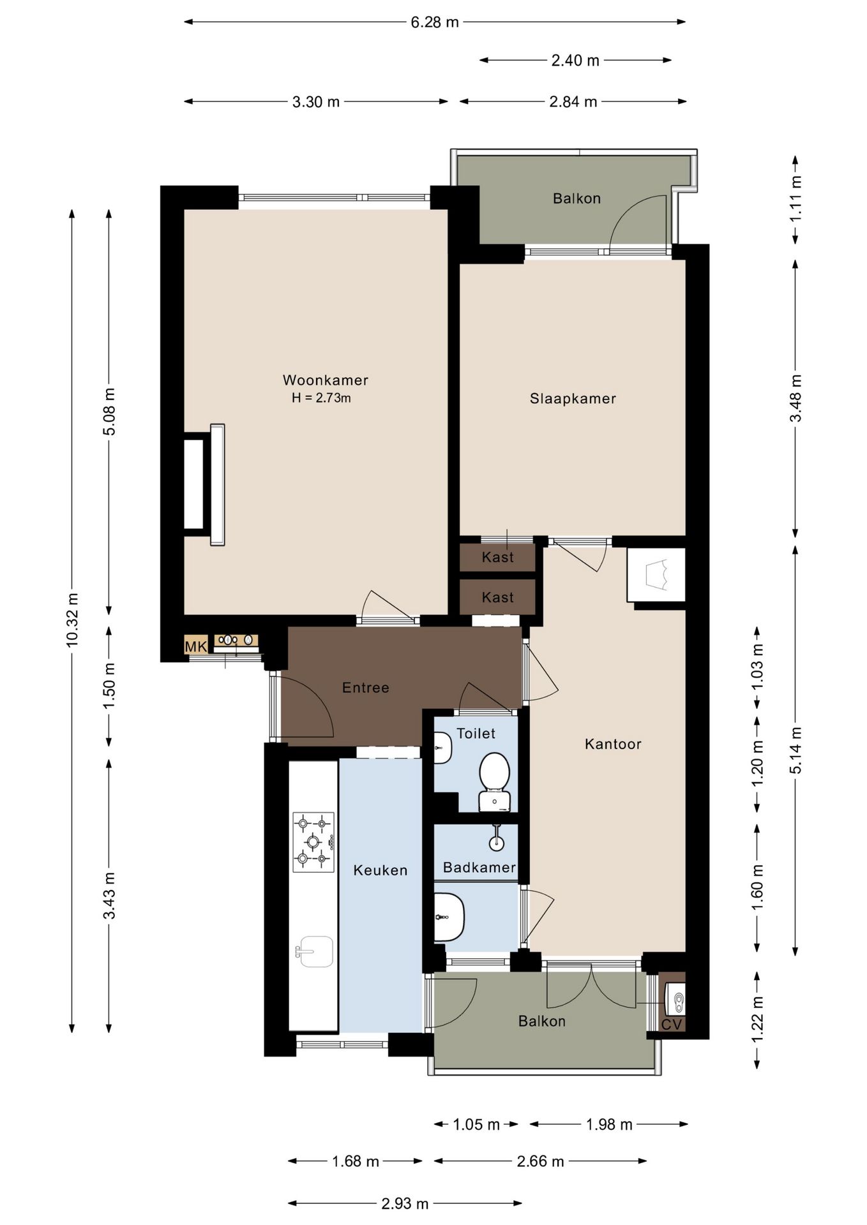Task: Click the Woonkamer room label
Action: [x=326, y=380]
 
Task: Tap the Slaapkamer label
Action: [x=573, y=399]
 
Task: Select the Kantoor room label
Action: [x=613, y=744]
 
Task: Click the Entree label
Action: [x=365, y=688]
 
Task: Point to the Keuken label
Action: [x=381, y=870]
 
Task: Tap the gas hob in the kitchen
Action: [x=313, y=842]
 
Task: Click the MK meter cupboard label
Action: [x=196, y=647]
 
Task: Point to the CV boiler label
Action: [x=672, y=1025]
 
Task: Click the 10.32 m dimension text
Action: [x=72, y=620]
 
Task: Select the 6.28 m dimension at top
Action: [x=435, y=22]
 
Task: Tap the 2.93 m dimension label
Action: [x=405, y=1204]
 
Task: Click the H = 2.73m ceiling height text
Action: [x=321, y=398]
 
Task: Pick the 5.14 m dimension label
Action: [x=795, y=750]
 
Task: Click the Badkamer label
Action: [x=479, y=868]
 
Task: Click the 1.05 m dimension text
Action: [x=476, y=1124]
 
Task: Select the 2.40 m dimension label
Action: [x=575, y=61]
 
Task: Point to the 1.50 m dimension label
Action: [x=109, y=686]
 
